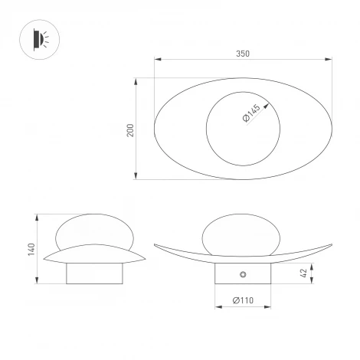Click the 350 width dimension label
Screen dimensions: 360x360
pyautogui.click(x=243, y=54)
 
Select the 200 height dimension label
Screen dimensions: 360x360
pyautogui.click(x=130, y=130)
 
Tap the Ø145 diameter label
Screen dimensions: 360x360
pyautogui.click(x=251, y=113)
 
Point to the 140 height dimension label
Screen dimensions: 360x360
pyautogui.click(x=31, y=249)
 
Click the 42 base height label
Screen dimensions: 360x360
pyautogui.click(x=303, y=273)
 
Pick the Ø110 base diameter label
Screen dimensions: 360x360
pyautogui.click(x=243, y=300)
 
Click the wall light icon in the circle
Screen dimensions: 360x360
pyautogui.click(x=41, y=40)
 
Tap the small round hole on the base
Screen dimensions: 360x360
pyautogui.click(x=243, y=274)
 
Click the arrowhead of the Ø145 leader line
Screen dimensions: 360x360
pyautogui.click(x=267, y=106)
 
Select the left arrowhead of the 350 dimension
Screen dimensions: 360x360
pyautogui.click(x=158, y=60)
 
